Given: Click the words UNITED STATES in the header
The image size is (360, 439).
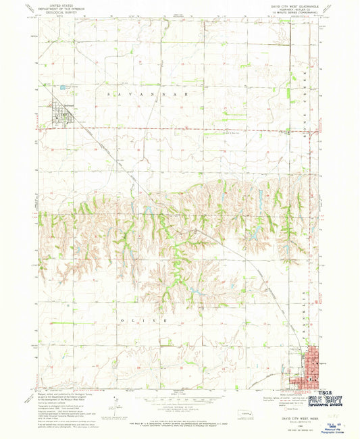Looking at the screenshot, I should tap(59, 3).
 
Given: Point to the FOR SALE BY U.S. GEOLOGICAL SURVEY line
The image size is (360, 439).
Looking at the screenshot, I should tap(179, 422).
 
